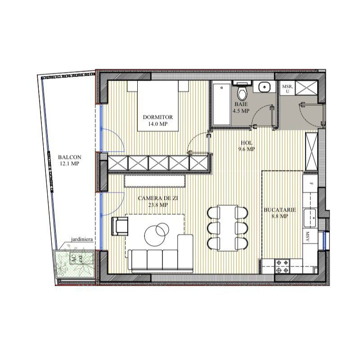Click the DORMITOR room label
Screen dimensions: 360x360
coord(158,117)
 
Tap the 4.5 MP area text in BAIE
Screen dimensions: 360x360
coord(241,111)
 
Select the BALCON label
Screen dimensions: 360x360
coord(70,157)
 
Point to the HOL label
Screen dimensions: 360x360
coord(247,143)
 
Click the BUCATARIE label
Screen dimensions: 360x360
coord(279,210)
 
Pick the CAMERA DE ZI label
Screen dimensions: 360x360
coord(158,198)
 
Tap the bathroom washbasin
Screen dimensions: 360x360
coord(265,87)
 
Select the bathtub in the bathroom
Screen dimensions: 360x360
coord(221,104)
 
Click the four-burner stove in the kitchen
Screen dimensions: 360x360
coord(283,266)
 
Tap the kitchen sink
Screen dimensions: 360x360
coord(310,218)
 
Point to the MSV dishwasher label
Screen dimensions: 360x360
coord(308,237)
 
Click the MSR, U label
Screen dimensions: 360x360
coord(288,89)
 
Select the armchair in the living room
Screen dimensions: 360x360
coord(120,226)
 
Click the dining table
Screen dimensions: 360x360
coord(228,228)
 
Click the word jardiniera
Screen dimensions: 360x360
coord(82,239)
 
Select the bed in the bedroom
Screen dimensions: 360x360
coord(158,106)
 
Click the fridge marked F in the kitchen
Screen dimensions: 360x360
coord(310,184)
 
